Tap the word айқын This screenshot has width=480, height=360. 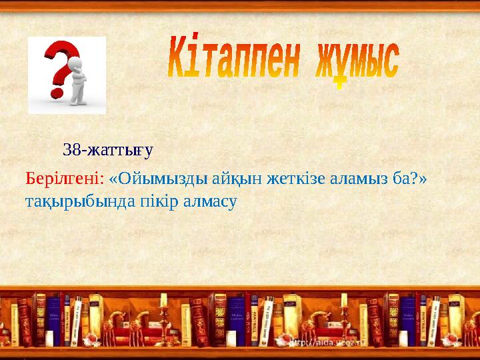(232, 179)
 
